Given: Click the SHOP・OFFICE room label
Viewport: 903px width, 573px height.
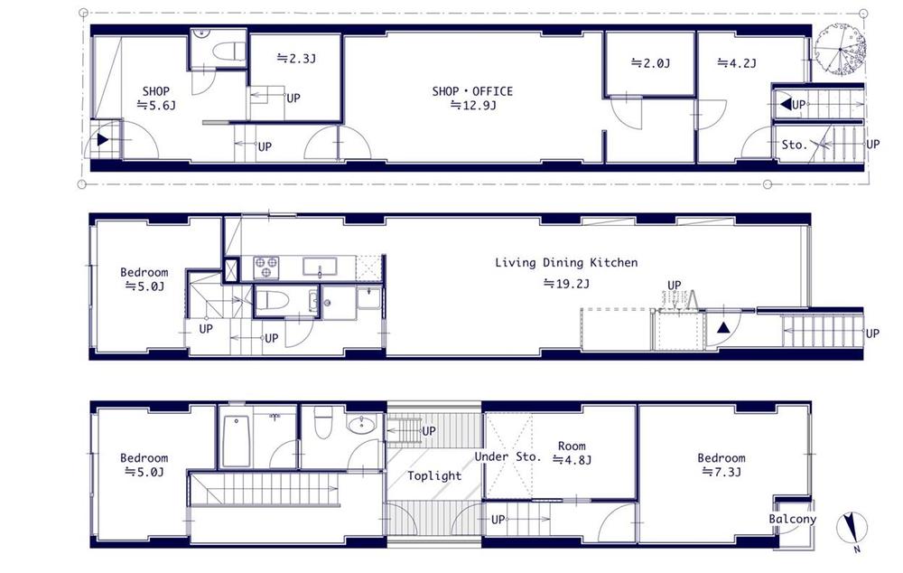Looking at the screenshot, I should [x=471, y=91].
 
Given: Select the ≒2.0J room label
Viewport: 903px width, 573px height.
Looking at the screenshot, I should [x=650, y=63].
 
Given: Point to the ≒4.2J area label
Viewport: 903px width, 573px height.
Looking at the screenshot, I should [x=736, y=63].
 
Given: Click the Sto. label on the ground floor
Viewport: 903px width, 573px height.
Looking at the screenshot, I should [x=794, y=144].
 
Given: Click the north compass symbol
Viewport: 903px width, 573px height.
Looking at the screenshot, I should [x=852, y=529].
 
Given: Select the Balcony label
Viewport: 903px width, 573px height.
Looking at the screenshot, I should [x=792, y=519].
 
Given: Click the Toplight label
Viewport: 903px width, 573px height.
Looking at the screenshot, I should [x=433, y=475].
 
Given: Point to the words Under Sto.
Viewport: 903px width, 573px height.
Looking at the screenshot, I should [x=507, y=457].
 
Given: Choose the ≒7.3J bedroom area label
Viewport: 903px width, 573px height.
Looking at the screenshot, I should [x=721, y=472].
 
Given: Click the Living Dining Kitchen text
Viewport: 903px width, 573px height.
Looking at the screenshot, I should [x=565, y=263].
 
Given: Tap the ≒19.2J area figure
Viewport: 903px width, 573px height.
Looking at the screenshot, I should [x=565, y=283].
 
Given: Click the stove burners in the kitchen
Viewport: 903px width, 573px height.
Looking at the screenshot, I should [x=265, y=268].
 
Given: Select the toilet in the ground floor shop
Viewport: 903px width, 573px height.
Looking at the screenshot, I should [x=233, y=50].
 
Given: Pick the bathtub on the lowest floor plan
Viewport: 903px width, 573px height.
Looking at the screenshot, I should [x=236, y=441].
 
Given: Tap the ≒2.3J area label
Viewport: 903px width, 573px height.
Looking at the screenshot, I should [x=296, y=59].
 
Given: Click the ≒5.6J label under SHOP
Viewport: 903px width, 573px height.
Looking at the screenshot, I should [x=155, y=105].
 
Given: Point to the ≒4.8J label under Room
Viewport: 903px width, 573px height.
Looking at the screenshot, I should [x=572, y=460].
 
